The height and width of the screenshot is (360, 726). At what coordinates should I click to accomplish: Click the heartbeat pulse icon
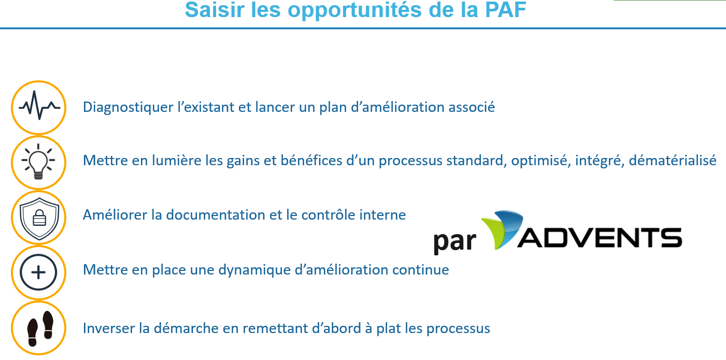[x=39, y=106]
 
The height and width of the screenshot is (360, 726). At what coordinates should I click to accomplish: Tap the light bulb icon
[x=38, y=161]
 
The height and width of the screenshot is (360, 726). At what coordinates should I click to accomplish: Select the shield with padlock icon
[x=39, y=219]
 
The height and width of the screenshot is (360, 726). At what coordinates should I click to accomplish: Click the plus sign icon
[x=38, y=272]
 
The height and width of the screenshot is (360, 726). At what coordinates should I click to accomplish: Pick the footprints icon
[x=40, y=328]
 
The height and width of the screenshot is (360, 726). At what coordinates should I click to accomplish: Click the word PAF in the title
[x=505, y=10]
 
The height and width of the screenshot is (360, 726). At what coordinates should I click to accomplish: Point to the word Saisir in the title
[x=215, y=10]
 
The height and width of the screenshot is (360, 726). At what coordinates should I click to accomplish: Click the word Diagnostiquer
[x=128, y=108]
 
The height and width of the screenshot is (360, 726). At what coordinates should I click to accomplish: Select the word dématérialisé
[x=673, y=161]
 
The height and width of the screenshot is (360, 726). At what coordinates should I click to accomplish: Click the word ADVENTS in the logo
[x=600, y=238]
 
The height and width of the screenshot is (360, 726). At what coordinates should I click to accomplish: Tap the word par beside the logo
[x=455, y=242]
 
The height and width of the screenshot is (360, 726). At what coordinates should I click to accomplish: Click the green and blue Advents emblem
[x=502, y=229]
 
